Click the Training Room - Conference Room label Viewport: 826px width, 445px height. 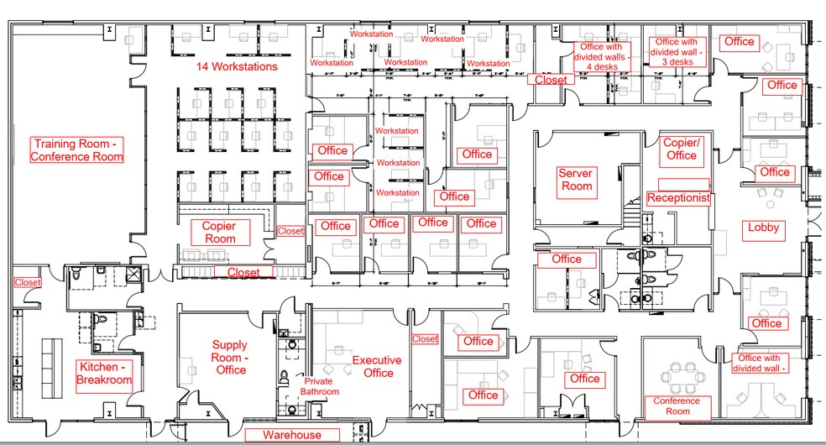point(77,149)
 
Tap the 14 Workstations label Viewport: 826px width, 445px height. point(237,66)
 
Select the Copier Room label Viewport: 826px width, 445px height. point(219,233)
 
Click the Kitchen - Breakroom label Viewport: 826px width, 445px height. point(105,373)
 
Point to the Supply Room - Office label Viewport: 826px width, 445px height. point(229,357)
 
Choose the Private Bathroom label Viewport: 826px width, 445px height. point(321,386)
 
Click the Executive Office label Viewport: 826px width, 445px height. point(378,366)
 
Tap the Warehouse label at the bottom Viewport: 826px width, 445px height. point(292,435)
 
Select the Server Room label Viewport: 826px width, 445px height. point(577,180)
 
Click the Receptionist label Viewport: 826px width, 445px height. point(678,198)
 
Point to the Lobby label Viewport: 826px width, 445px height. point(763,228)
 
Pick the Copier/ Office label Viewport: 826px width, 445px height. point(681,149)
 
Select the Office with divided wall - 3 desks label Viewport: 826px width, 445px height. point(675,52)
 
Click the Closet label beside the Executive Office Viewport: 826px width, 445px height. point(425,339)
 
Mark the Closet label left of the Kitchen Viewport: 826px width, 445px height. point(28,283)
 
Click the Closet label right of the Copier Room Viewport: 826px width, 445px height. point(290,231)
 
